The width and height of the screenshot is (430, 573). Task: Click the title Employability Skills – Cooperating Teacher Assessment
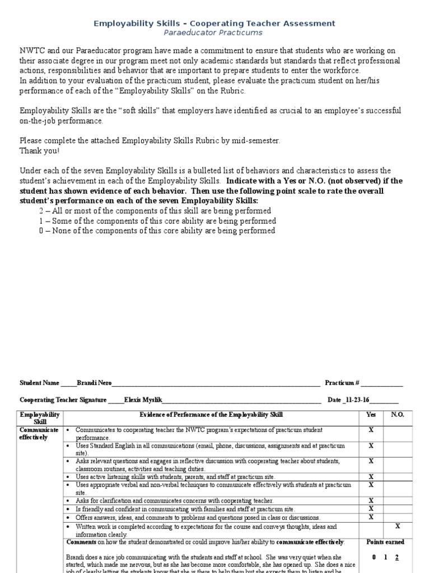click(x=214, y=23)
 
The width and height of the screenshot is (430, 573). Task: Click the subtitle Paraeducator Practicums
click(x=214, y=33)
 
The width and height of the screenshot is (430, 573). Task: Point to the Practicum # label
click(x=342, y=383)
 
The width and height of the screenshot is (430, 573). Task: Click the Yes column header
click(x=371, y=415)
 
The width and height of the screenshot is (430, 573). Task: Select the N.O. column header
click(x=398, y=415)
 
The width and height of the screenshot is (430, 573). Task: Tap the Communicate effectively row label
click(x=39, y=433)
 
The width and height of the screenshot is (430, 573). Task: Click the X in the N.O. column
click(x=398, y=527)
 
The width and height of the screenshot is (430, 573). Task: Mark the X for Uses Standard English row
click(x=371, y=446)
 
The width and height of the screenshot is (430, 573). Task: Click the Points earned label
click(x=385, y=542)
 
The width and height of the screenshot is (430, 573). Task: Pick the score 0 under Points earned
click(x=374, y=557)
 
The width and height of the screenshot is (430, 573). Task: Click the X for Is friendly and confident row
click(x=371, y=509)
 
